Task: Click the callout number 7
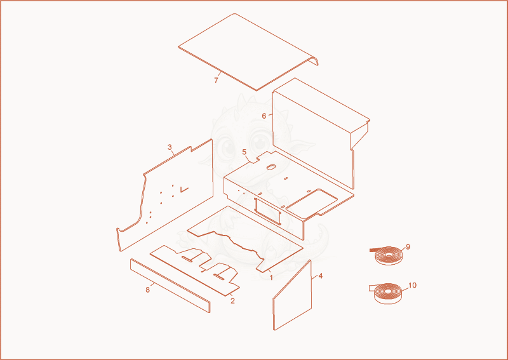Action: click(216, 81)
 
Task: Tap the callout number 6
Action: click(264, 116)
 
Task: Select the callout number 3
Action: click(170, 147)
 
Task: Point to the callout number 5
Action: click(244, 152)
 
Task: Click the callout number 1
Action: click(271, 277)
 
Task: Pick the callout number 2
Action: click(232, 301)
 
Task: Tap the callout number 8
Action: click(148, 290)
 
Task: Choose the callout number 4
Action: click(321, 276)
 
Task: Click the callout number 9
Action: click(408, 247)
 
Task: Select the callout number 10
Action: click(412, 286)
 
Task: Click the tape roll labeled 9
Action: click(388, 256)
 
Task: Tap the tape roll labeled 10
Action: click(388, 293)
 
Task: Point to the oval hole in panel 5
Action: click(271, 167)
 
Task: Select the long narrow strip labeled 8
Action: click(170, 286)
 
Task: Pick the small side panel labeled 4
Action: click(292, 295)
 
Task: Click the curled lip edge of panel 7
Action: click(314, 60)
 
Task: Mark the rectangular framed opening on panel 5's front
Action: click(267, 211)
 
